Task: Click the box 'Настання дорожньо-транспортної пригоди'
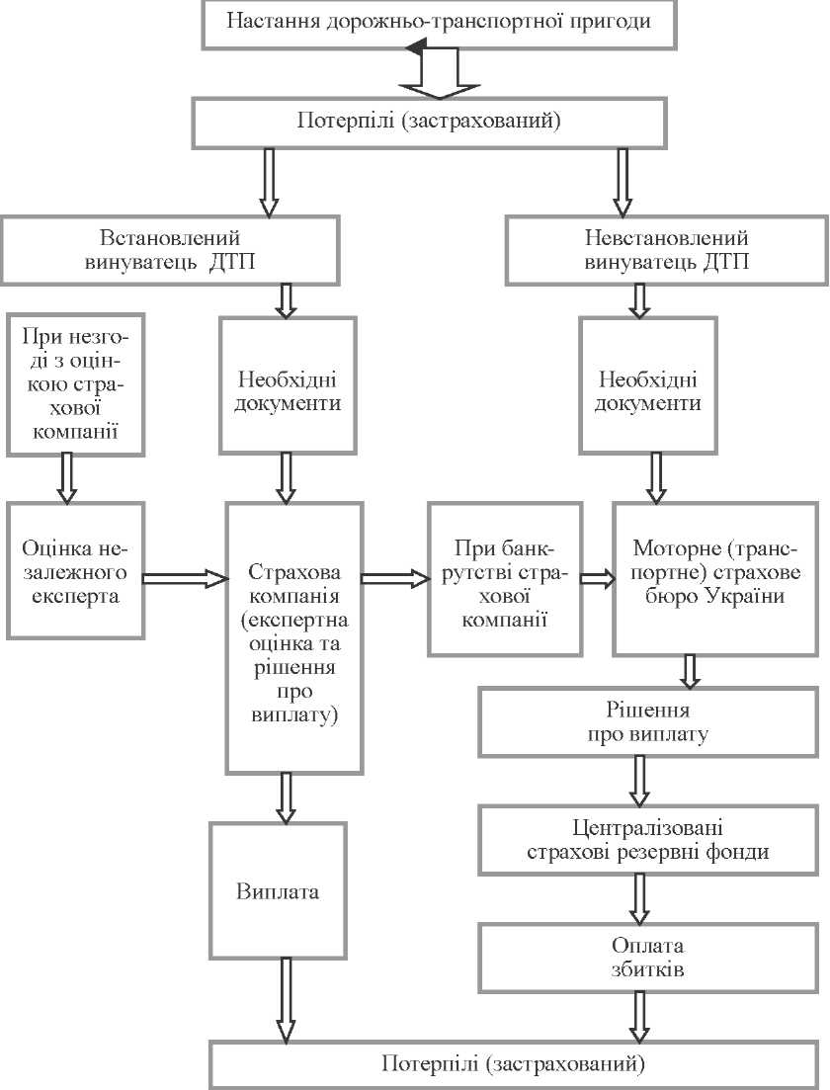pyautogui.click(x=440, y=25)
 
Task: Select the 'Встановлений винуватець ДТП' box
pyautogui.click(x=170, y=250)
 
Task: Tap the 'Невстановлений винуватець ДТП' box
pyautogui.click(x=667, y=250)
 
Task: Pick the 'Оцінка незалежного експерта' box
pyautogui.click(x=75, y=571)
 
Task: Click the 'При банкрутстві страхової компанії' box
pyautogui.click(x=505, y=579)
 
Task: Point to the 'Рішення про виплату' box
pyautogui.click(x=647, y=722)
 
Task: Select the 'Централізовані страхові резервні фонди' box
pyautogui.click(x=647, y=840)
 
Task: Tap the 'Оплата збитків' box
pyautogui.click(x=647, y=958)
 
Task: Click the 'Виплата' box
pyautogui.click(x=278, y=890)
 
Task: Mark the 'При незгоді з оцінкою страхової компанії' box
pyautogui.click(x=75, y=385)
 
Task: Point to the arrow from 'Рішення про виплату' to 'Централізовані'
pyautogui.click(x=639, y=782)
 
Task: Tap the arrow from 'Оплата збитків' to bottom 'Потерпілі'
pyautogui.click(x=639, y=1016)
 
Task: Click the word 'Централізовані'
pyautogui.click(x=647, y=828)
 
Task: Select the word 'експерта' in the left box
pyautogui.click(x=75, y=596)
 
